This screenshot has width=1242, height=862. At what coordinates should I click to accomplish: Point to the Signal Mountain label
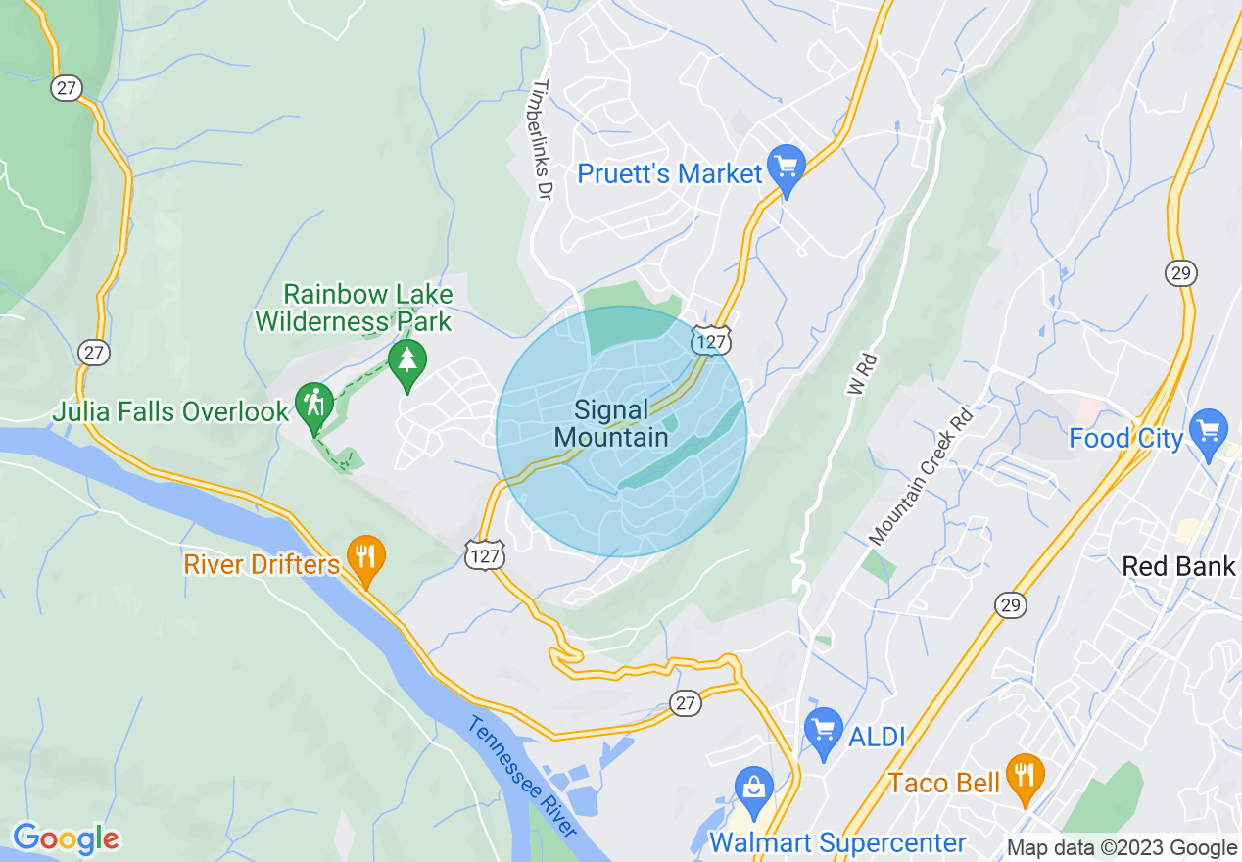[x=611, y=423]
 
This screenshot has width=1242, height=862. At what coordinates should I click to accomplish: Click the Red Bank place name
[x=1179, y=565]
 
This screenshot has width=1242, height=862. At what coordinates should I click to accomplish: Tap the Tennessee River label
[x=523, y=776]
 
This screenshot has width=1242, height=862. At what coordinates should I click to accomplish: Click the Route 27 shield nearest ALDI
[x=687, y=702]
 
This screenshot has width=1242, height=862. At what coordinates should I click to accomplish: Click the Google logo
[x=65, y=839]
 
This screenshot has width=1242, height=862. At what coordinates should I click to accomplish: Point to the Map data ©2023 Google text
[x=1123, y=848]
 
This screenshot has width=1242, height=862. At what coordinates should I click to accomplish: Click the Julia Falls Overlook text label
[x=170, y=411]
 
